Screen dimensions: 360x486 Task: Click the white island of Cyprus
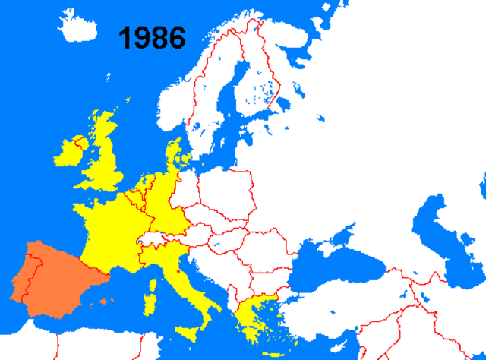339,339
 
